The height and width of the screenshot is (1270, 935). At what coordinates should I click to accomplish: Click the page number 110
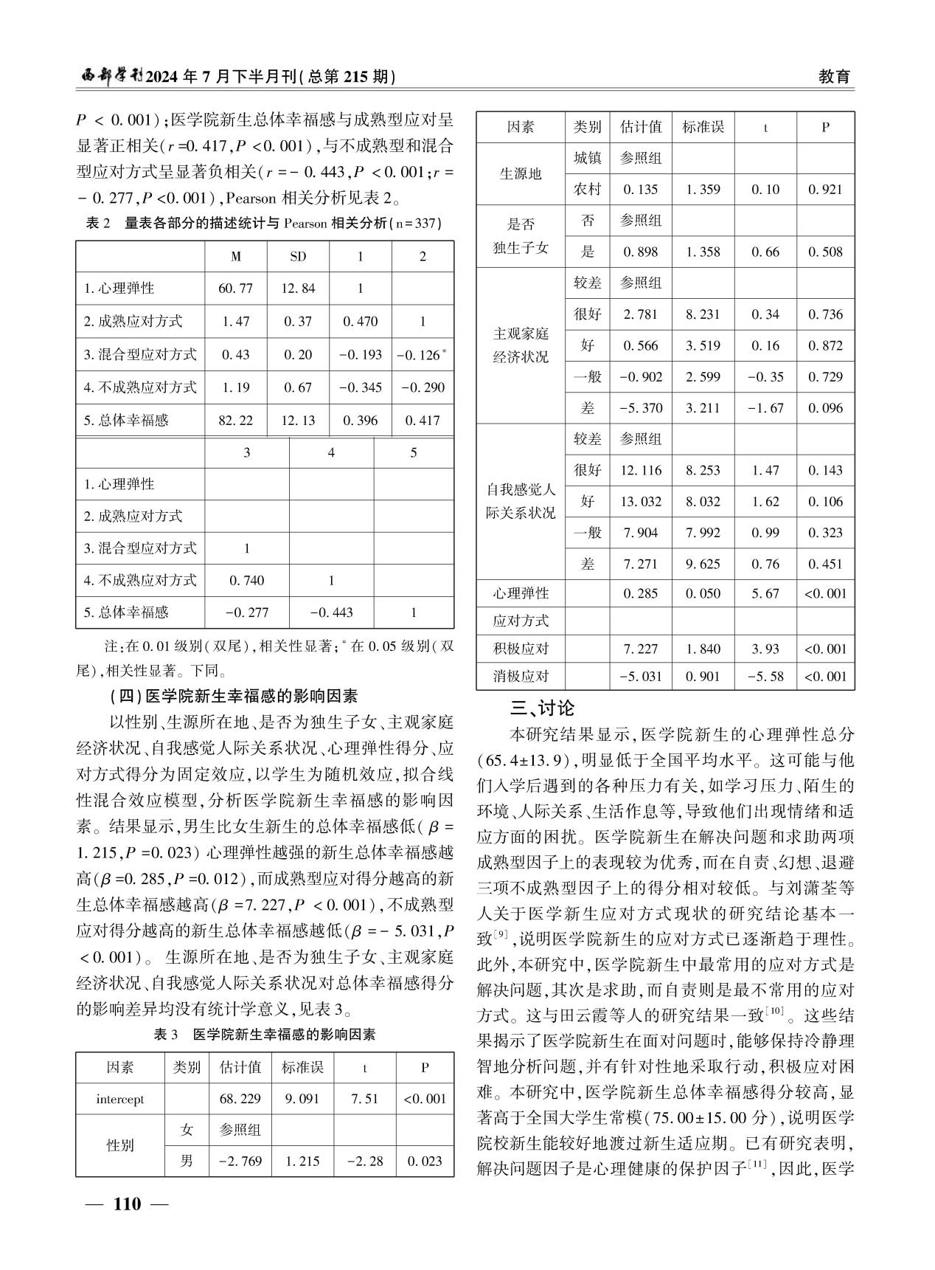[127, 1204]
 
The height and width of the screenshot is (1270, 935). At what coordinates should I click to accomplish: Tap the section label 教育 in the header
[835, 77]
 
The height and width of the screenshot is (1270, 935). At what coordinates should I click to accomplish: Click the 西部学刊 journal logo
[110, 77]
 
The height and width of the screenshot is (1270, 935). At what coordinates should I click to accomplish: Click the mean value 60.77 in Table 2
[235, 289]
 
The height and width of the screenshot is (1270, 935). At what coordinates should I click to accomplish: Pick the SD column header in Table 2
[298, 257]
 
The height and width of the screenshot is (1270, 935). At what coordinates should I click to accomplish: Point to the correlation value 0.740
[246, 580]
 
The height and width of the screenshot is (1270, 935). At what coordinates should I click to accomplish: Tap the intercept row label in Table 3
[120, 1099]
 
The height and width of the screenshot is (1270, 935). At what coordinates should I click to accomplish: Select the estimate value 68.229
[240, 1099]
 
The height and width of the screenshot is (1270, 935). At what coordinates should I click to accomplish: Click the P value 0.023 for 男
[425, 1161]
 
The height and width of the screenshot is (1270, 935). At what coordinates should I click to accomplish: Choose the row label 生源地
[521, 174]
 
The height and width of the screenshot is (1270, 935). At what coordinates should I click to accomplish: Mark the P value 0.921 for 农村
[825, 190]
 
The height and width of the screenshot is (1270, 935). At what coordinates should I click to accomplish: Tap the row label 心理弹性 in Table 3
[521, 593]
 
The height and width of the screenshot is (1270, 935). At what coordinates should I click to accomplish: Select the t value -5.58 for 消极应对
[765, 676]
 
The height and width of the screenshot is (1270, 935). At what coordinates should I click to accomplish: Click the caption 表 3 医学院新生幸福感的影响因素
[265, 1035]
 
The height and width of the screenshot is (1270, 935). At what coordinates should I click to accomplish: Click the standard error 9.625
[703, 565]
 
